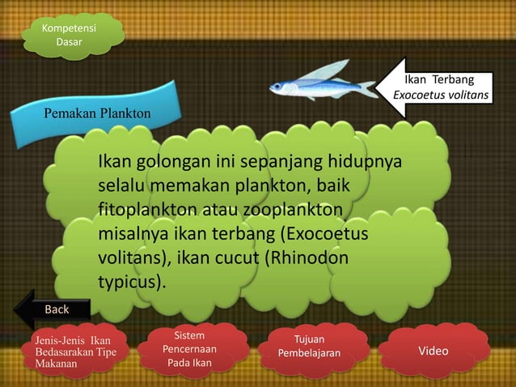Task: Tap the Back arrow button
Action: (56, 308)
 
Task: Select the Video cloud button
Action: (434, 351)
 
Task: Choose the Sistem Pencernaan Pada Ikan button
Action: (188, 349)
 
